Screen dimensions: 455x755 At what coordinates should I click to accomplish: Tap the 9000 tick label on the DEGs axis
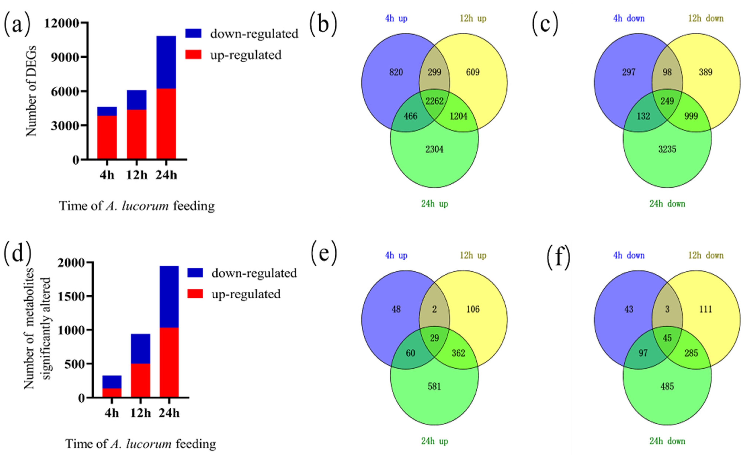click(x=65, y=57)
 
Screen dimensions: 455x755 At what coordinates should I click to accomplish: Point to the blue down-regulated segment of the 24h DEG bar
click(x=166, y=62)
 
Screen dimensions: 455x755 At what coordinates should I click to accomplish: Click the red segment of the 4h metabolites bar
click(x=112, y=393)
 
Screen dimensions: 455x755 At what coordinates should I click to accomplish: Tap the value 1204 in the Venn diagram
click(x=458, y=116)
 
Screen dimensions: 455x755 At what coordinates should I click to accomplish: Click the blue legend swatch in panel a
click(x=193, y=33)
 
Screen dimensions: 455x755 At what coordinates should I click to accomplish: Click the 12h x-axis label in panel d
click(x=140, y=413)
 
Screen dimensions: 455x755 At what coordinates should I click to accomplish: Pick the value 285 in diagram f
click(x=691, y=353)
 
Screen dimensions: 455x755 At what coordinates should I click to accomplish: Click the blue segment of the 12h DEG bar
click(x=137, y=100)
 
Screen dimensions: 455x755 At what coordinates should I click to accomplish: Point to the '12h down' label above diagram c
click(x=706, y=18)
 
